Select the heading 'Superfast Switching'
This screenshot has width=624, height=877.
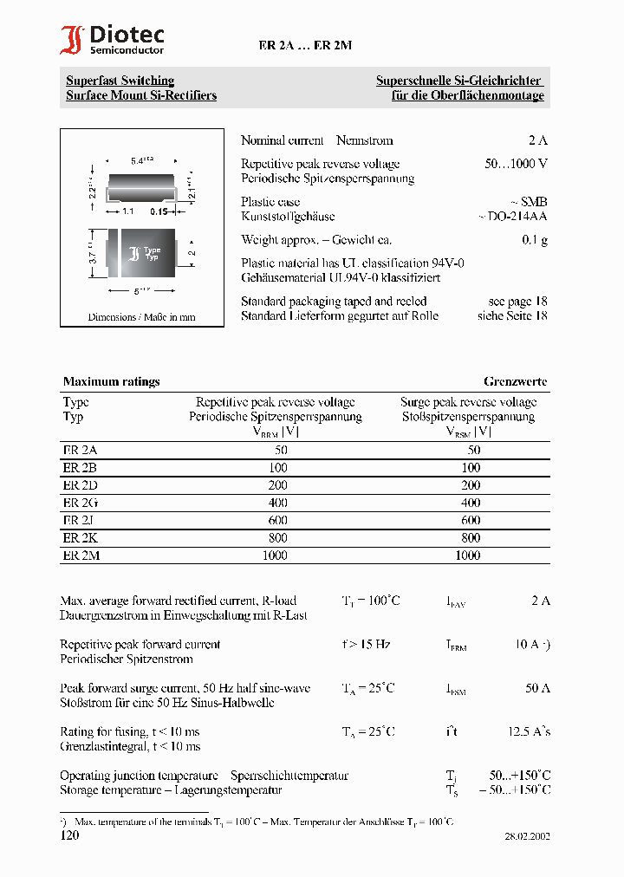120,81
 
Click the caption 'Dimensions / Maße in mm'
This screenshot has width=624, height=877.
141,317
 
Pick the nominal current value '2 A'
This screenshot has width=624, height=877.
537,140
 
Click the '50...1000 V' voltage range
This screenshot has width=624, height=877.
516,164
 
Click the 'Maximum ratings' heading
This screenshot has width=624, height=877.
111,381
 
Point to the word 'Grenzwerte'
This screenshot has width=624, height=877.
515,381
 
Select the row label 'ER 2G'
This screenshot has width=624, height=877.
81,503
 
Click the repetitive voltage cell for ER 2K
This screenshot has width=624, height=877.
275,538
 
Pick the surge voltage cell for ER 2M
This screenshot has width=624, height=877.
468,555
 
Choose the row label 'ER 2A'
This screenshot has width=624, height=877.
81,450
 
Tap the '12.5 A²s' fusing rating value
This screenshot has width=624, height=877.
529,732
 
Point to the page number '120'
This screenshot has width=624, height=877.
69,835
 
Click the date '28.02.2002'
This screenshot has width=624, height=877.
527,837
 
